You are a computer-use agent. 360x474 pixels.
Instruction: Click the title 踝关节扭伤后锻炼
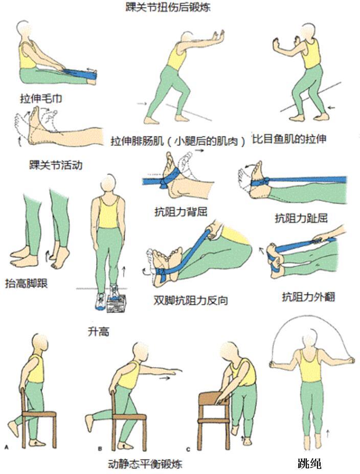tap(168, 8)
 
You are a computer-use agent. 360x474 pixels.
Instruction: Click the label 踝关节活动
tap(56, 166)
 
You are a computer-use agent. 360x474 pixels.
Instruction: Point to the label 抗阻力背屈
tap(176, 211)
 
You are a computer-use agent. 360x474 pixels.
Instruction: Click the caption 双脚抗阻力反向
tap(190, 300)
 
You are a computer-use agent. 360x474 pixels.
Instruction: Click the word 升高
tap(98, 331)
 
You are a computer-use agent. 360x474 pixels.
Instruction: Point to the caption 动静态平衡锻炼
tap(145, 464)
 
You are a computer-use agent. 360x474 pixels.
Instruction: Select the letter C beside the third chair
tap(189, 448)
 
